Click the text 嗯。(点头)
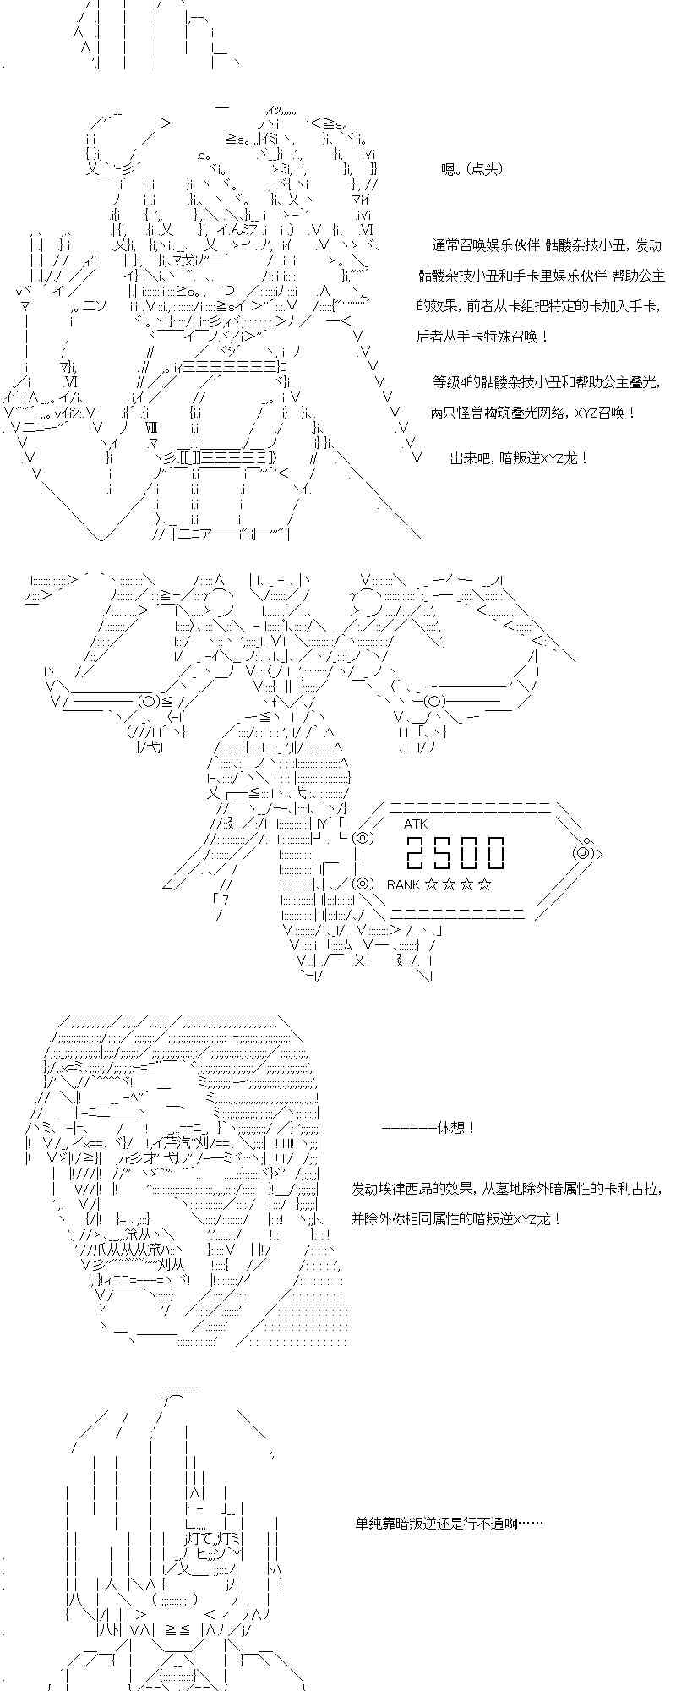click(x=472, y=169)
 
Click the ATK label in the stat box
click(x=416, y=824)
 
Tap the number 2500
click(x=455, y=852)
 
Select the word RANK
click(x=403, y=884)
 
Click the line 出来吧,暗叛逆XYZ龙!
click(x=519, y=458)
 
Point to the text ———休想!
click(x=428, y=1128)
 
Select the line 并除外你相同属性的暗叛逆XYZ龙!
click(x=455, y=1219)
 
